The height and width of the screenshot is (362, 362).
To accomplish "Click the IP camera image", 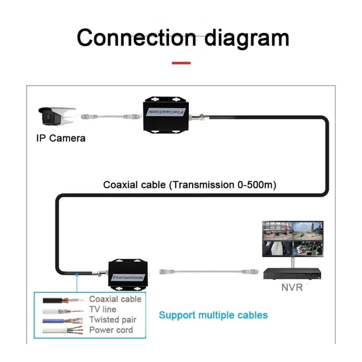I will [57, 116].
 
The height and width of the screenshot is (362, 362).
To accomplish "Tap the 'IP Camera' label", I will [61, 138].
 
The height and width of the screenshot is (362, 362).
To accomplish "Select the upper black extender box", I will [166, 115].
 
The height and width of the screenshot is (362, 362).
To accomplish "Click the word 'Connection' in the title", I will [136, 38].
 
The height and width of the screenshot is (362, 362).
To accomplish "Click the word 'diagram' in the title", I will [247, 38].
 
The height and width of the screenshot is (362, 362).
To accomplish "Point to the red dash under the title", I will [181, 63].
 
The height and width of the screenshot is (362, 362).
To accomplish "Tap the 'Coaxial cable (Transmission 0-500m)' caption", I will [190, 185].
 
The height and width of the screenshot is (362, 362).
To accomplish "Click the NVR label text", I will [292, 288].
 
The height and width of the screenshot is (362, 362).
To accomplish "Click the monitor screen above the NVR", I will [292, 239].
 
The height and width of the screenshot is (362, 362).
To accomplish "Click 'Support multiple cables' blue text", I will [213, 315].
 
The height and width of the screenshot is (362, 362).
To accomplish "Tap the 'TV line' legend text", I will [103, 310].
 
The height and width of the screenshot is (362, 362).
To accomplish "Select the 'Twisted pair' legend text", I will [113, 320].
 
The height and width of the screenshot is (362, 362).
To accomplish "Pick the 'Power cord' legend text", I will [111, 330].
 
